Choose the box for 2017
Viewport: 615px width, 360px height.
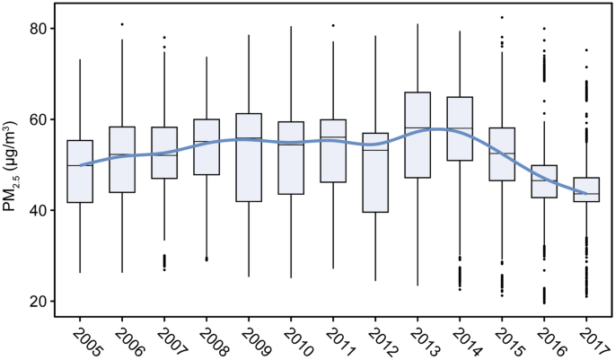[586, 189]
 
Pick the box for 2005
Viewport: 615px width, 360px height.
[80, 171]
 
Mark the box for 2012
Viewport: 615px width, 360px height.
[375, 172]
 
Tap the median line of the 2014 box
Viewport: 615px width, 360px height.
[460, 129]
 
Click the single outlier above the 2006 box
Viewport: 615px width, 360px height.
[122, 24]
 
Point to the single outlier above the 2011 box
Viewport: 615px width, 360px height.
[333, 25]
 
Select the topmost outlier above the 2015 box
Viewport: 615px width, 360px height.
[502, 17]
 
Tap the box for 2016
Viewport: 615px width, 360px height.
[544, 180]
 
